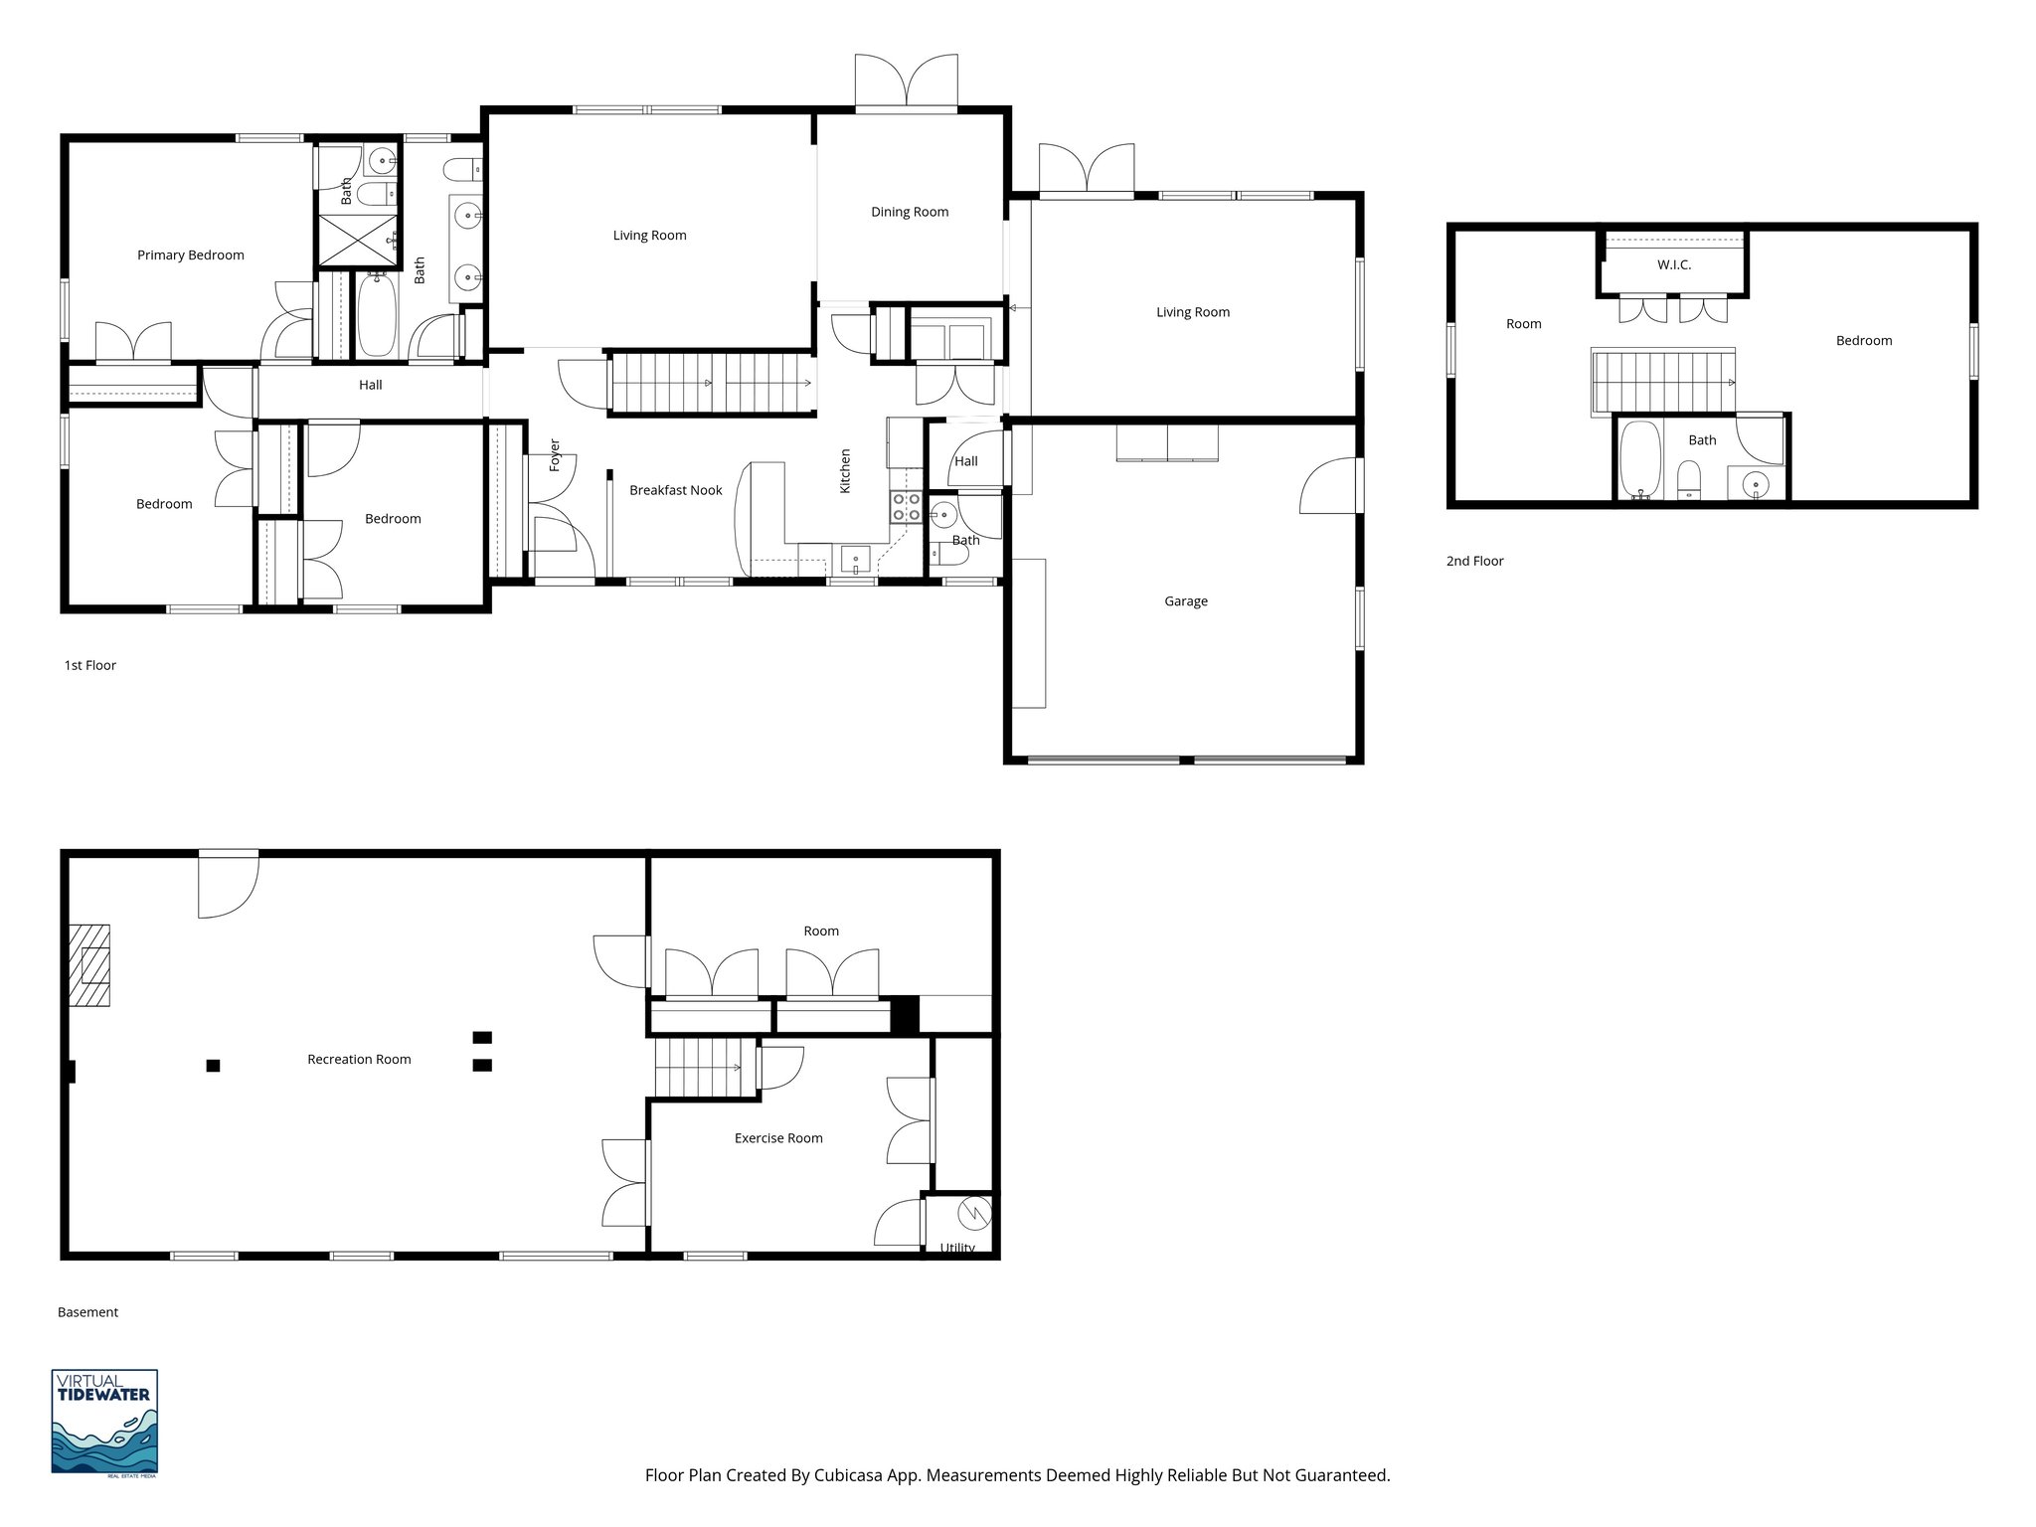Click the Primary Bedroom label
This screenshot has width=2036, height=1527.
coord(190,255)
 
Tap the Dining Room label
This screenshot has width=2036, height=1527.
coord(909,212)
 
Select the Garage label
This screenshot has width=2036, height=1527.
coord(1185,601)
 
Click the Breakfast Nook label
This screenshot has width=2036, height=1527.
coord(675,490)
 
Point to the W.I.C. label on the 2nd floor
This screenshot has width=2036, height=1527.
coord(1673,265)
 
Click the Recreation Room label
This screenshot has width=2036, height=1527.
coord(359,1060)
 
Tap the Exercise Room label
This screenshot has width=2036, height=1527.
coord(777,1138)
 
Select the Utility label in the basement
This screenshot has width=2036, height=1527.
coord(956,1248)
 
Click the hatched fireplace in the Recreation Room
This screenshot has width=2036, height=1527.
coord(89,965)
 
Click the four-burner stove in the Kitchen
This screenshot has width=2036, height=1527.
coord(906,507)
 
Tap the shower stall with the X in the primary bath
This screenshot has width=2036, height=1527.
coord(356,242)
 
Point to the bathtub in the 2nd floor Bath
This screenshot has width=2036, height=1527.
coord(1639,460)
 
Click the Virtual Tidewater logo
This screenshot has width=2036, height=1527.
coord(104,1422)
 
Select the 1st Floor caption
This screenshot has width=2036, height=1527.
coord(89,666)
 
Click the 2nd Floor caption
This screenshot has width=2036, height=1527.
coord(1474,562)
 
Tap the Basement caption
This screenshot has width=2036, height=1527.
coord(87,1312)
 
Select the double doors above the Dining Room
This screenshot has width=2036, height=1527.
coord(907,82)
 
